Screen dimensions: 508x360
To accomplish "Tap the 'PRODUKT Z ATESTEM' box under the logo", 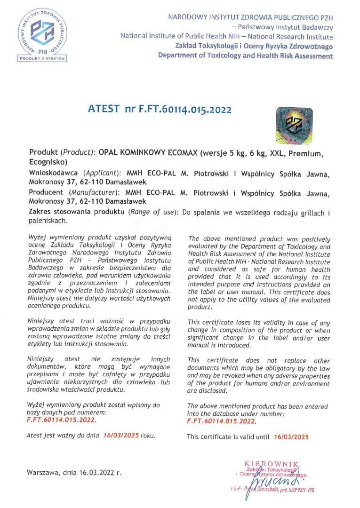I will (43, 58).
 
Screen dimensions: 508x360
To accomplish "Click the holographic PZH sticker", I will (293, 125).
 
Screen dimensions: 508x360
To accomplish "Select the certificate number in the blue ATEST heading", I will (185, 109).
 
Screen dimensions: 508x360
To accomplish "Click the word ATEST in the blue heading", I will (104, 109).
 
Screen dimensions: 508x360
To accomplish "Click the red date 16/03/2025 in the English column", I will (291, 437).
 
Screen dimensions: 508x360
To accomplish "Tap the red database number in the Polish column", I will (62, 420).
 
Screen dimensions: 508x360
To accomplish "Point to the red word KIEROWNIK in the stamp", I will (272, 464).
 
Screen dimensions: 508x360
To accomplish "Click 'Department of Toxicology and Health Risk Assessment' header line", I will (245, 56).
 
